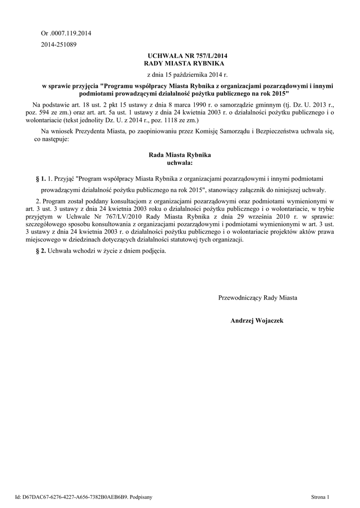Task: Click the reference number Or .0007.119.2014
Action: [x=66, y=33]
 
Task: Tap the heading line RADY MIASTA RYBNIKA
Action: [x=184, y=64]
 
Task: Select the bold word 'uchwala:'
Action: [x=177, y=162]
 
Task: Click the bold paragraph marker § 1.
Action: [x=41, y=177]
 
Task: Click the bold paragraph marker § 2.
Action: [x=41, y=251]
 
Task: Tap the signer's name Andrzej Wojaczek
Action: [x=257, y=321]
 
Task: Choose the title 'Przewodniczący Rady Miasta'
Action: [x=258, y=298]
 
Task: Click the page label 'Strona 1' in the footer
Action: [x=320, y=496]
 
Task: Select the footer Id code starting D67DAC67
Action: [x=74, y=496]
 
